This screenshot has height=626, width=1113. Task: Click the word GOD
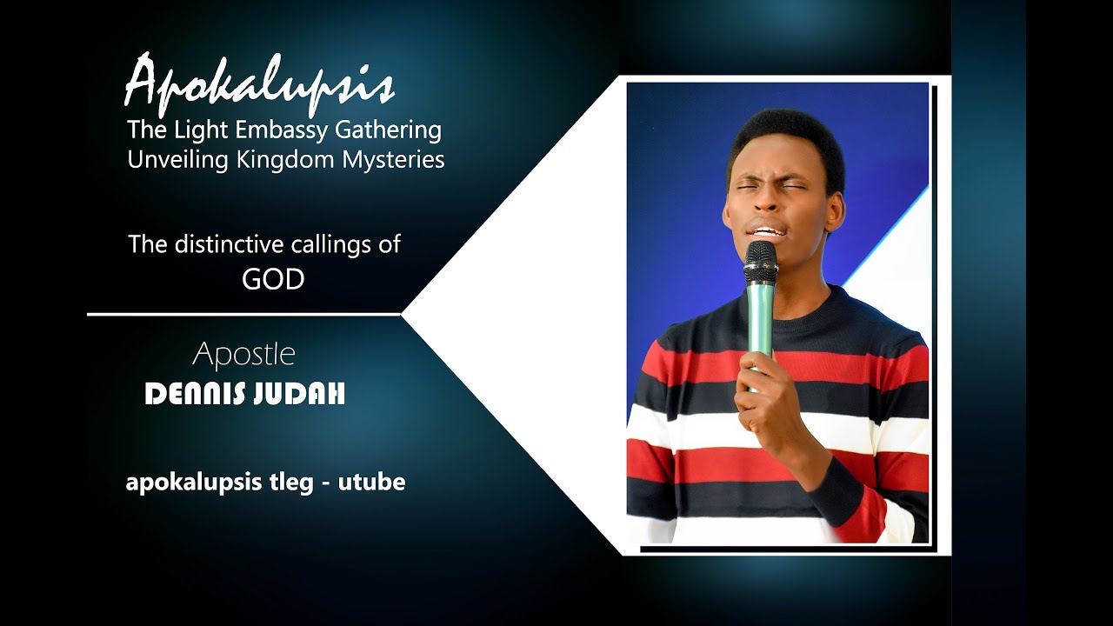coord(273,279)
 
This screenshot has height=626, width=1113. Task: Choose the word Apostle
coord(243,355)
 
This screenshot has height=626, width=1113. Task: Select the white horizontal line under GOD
coord(243,314)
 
